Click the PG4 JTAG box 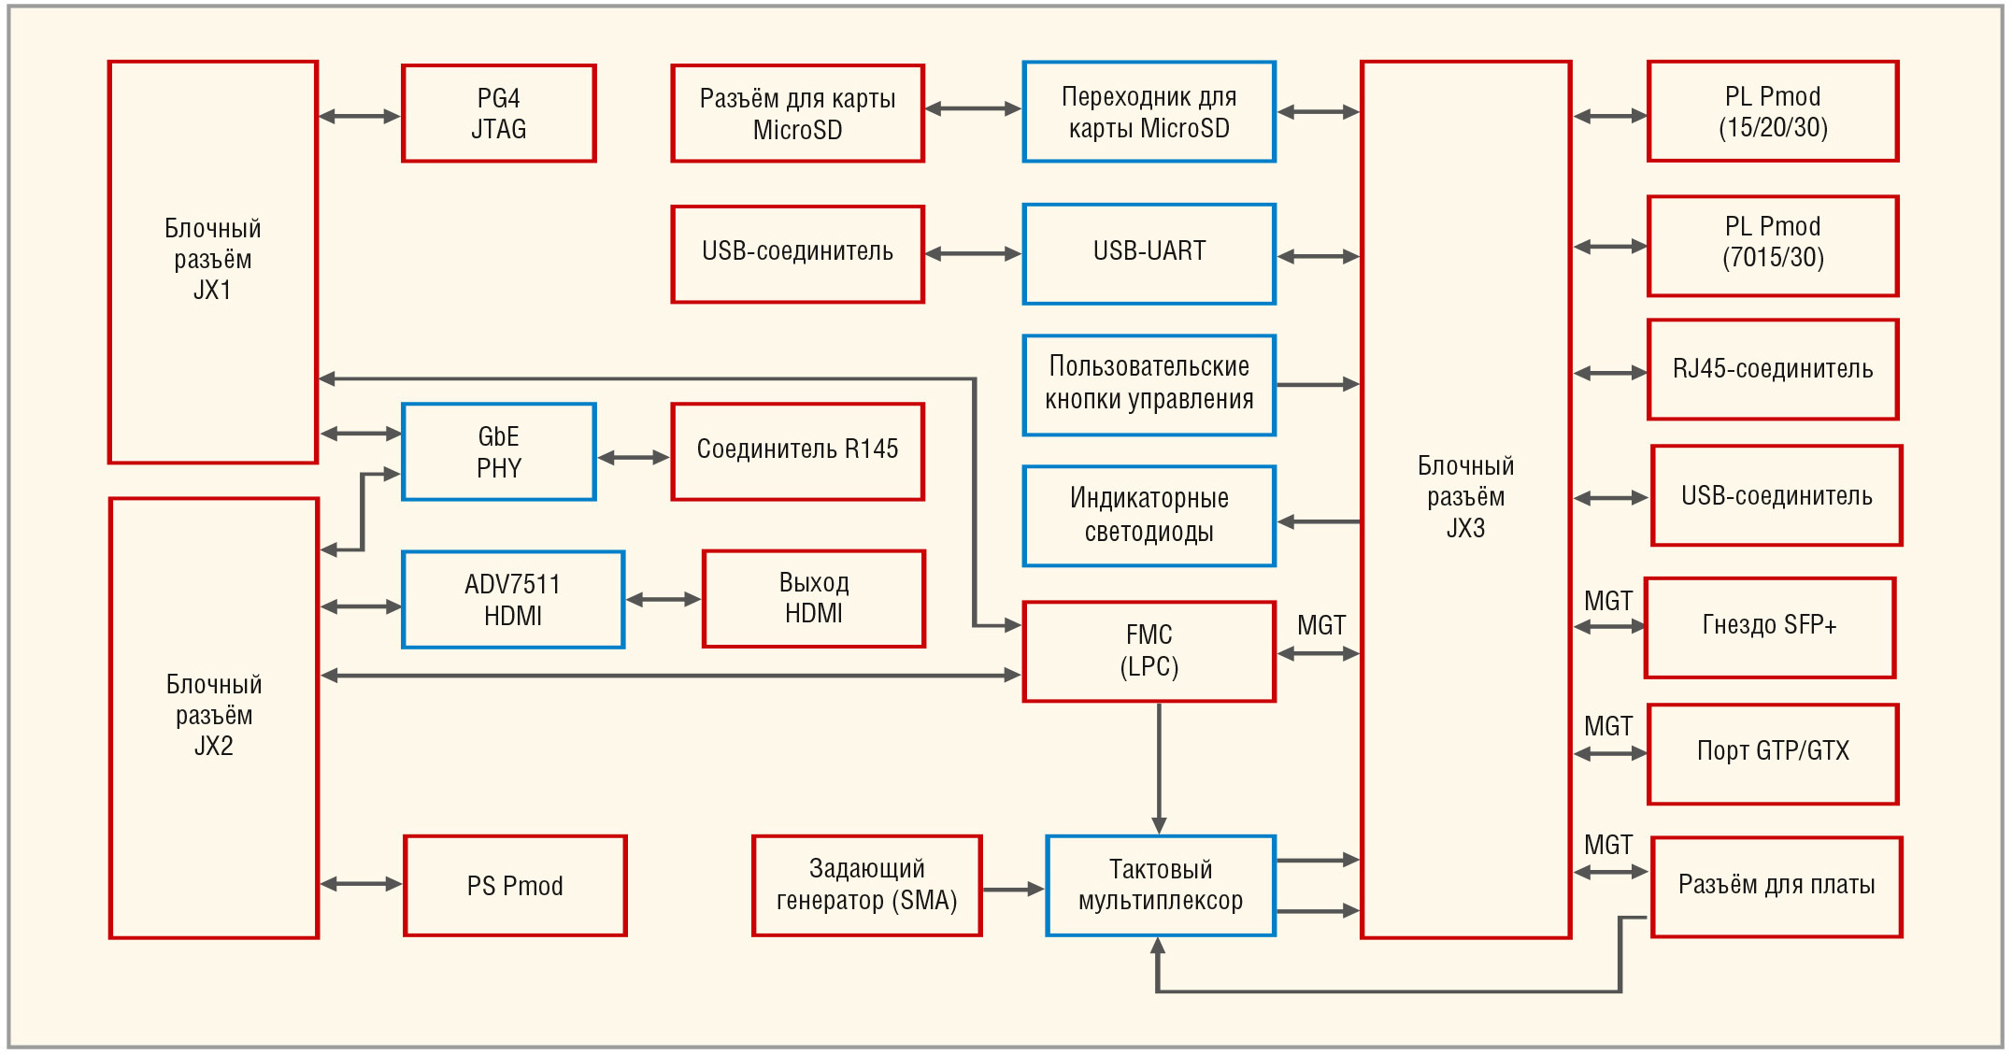click(x=498, y=113)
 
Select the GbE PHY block click(x=498, y=452)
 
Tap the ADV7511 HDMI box click(x=513, y=600)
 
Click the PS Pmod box click(x=515, y=886)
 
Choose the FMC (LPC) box click(x=1149, y=651)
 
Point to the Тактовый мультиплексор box click(x=1160, y=886)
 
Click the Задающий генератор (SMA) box click(x=866, y=886)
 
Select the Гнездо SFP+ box click(x=1769, y=627)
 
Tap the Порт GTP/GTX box click(x=1773, y=753)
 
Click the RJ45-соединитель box click(x=1773, y=370)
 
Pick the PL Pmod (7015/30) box click(x=1773, y=246)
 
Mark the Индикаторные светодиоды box click(x=1149, y=516)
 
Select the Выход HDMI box click(x=813, y=599)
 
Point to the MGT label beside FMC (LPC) click(x=1320, y=626)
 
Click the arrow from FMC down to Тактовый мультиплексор click(x=1159, y=766)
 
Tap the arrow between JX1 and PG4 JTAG click(x=360, y=117)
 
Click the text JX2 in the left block click(x=213, y=747)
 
